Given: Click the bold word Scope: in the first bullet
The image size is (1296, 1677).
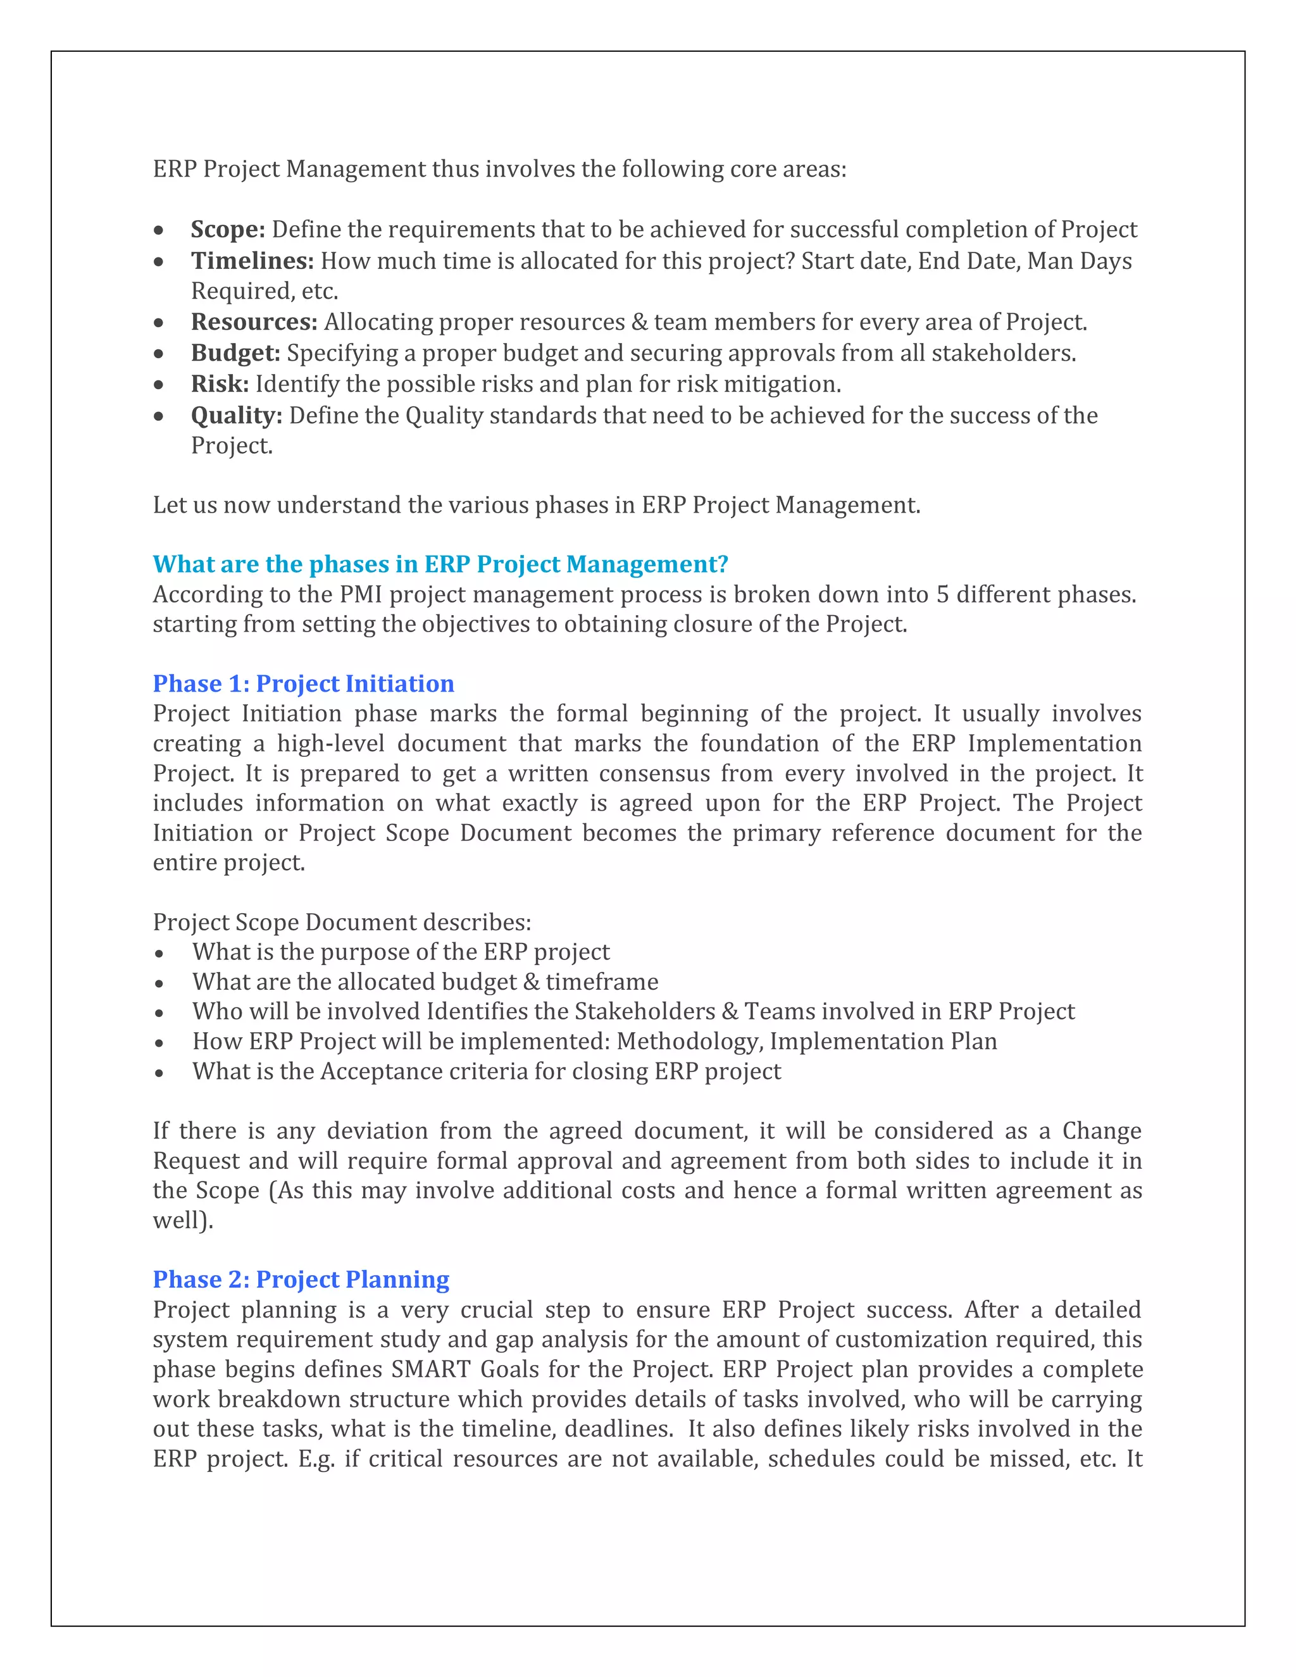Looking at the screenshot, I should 227,230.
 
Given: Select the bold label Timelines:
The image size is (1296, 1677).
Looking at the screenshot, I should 252,261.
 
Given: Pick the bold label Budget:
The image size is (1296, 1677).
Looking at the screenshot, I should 235,353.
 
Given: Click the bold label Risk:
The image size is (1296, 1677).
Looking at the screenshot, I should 220,384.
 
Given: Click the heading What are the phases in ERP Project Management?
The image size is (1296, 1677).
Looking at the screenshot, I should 440,564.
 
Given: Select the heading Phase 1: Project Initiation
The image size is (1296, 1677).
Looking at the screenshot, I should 303,683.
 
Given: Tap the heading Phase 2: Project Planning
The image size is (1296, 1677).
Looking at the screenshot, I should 301,1279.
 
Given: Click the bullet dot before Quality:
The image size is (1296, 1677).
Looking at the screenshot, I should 159,416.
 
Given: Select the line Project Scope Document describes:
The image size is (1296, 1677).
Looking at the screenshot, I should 342,922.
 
